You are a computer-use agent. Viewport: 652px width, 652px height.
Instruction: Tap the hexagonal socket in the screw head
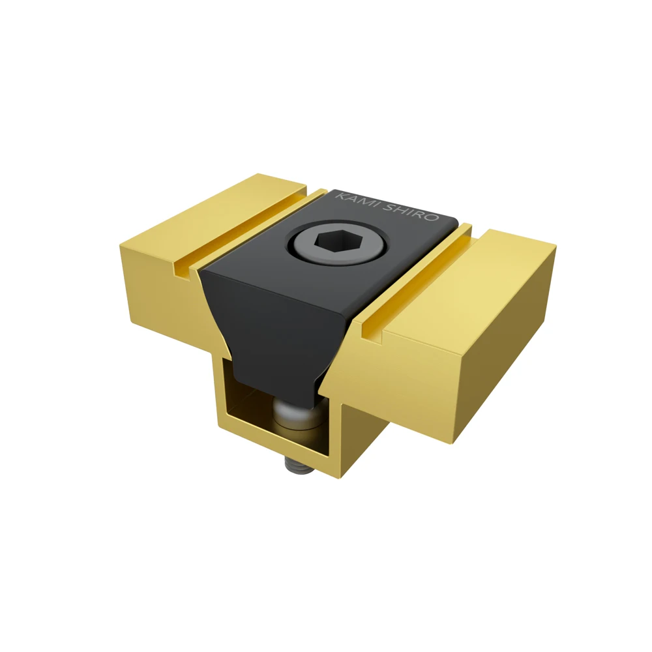[x=338, y=243]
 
